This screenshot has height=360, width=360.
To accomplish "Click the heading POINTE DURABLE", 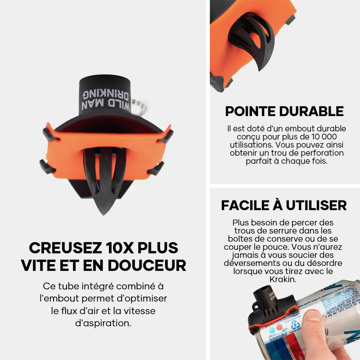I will click(x=284, y=111).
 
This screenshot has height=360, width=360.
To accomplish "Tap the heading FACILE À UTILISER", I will click(x=283, y=205).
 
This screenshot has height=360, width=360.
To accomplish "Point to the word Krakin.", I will click(x=283, y=279).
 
